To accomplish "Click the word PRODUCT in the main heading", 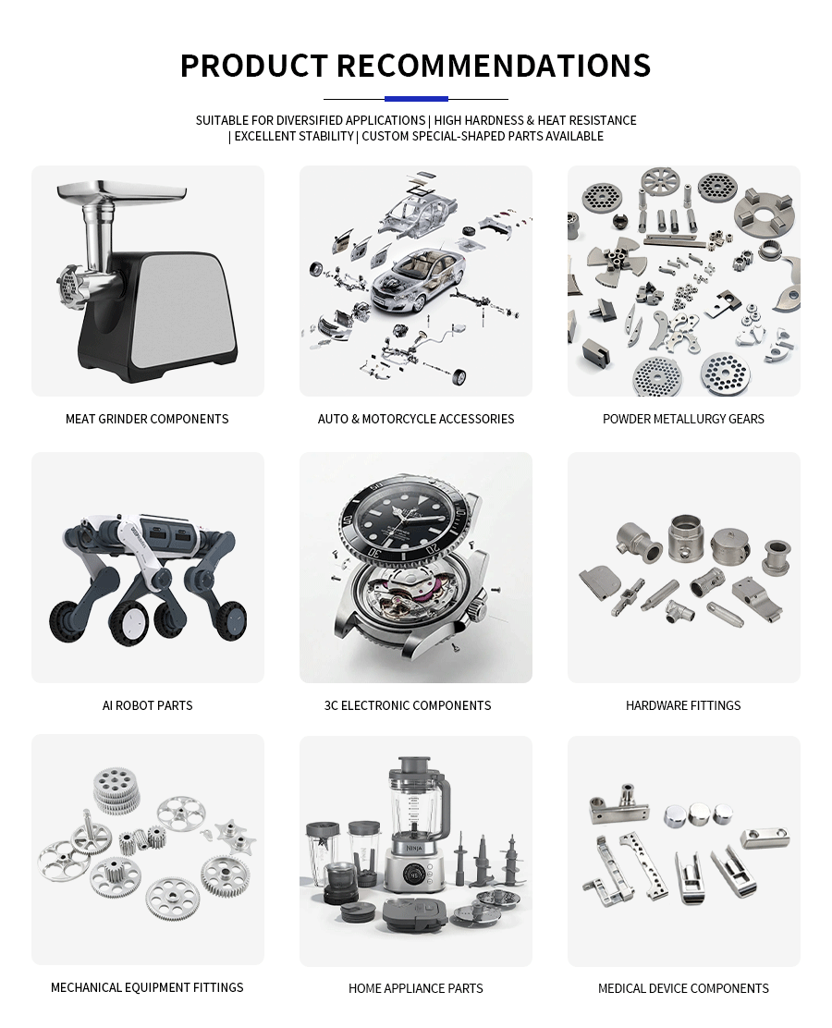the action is [253, 66].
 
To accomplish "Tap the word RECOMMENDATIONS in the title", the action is [494, 66].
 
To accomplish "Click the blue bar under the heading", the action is [416, 99].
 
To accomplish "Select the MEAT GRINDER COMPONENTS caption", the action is [147, 419].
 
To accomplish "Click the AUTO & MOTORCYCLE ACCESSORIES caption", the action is [416, 419].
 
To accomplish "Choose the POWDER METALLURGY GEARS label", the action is [683, 419].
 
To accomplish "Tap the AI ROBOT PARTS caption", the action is [148, 705].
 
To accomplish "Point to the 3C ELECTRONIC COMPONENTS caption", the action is [407, 705].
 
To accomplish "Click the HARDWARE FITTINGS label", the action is [683, 705].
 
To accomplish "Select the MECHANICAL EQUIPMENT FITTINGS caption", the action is [147, 987].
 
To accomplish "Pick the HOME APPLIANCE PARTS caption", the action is [416, 988].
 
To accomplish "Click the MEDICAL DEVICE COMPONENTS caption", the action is [683, 988].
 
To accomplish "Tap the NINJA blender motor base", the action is [412, 864].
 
